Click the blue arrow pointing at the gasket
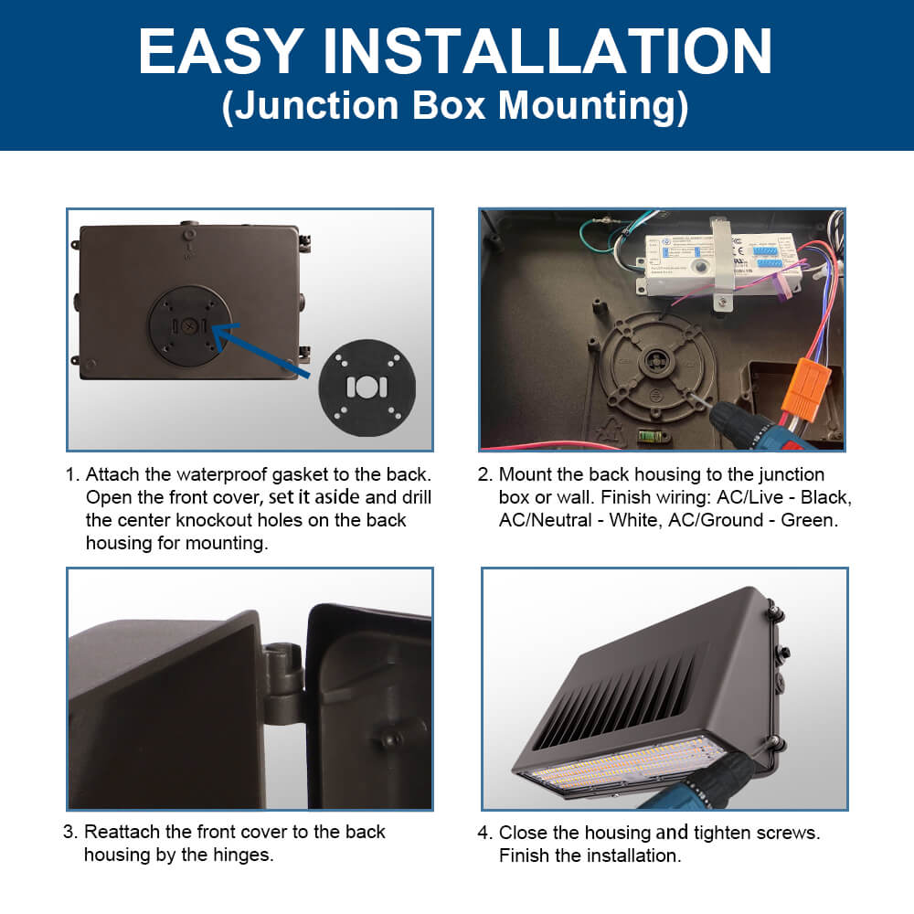coord(260,348)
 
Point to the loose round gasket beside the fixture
coord(367,388)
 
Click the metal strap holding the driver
coord(722,262)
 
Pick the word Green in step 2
coord(809,520)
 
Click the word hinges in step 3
coord(243,856)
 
